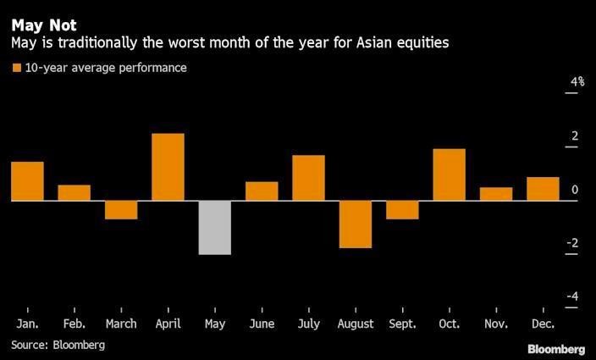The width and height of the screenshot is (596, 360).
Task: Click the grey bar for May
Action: coord(215,227)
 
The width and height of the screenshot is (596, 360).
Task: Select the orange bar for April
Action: coord(168,167)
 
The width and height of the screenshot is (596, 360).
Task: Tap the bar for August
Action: coord(356,224)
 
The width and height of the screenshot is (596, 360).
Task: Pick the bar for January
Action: coord(27,181)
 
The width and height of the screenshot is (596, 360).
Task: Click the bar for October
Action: coord(449,174)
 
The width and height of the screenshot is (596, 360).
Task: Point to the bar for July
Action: coord(308,178)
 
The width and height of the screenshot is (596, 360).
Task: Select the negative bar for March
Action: coord(121,210)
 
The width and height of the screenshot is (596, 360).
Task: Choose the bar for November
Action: coord(496,194)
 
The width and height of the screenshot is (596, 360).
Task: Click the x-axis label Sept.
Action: coord(402,324)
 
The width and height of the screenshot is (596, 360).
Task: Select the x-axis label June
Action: coord(262,324)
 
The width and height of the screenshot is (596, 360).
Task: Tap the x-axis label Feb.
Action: coord(74,324)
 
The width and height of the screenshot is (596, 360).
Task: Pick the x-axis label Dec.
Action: coord(543,324)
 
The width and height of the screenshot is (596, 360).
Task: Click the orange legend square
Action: coord(16,67)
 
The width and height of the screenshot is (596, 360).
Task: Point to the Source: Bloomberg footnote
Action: coord(58,345)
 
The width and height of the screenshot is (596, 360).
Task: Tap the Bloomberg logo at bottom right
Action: coord(555,349)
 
